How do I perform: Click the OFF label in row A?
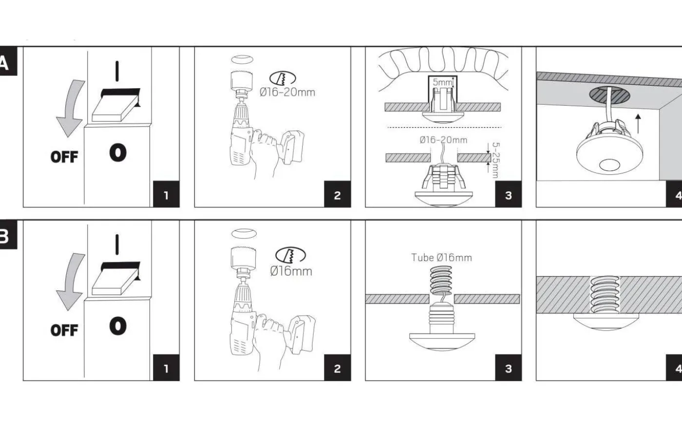[x=64, y=157]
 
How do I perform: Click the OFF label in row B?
[x=64, y=330]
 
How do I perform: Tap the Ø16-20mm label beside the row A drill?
[x=287, y=92]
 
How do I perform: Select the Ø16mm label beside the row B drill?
[x=291, y=271]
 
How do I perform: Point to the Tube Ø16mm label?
[x=441, y=258]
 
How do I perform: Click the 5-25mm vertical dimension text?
[x=495, y=160]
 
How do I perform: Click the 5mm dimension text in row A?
[x=442, y=82]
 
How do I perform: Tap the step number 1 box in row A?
[x=166, y=195]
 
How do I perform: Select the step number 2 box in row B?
[x=337, y=369]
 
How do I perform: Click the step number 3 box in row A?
[x=508, y=195]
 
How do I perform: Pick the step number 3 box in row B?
[x=508, y=369]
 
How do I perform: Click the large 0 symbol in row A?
[x=118, y=153]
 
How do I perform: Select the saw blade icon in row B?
[x=290, y=255]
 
